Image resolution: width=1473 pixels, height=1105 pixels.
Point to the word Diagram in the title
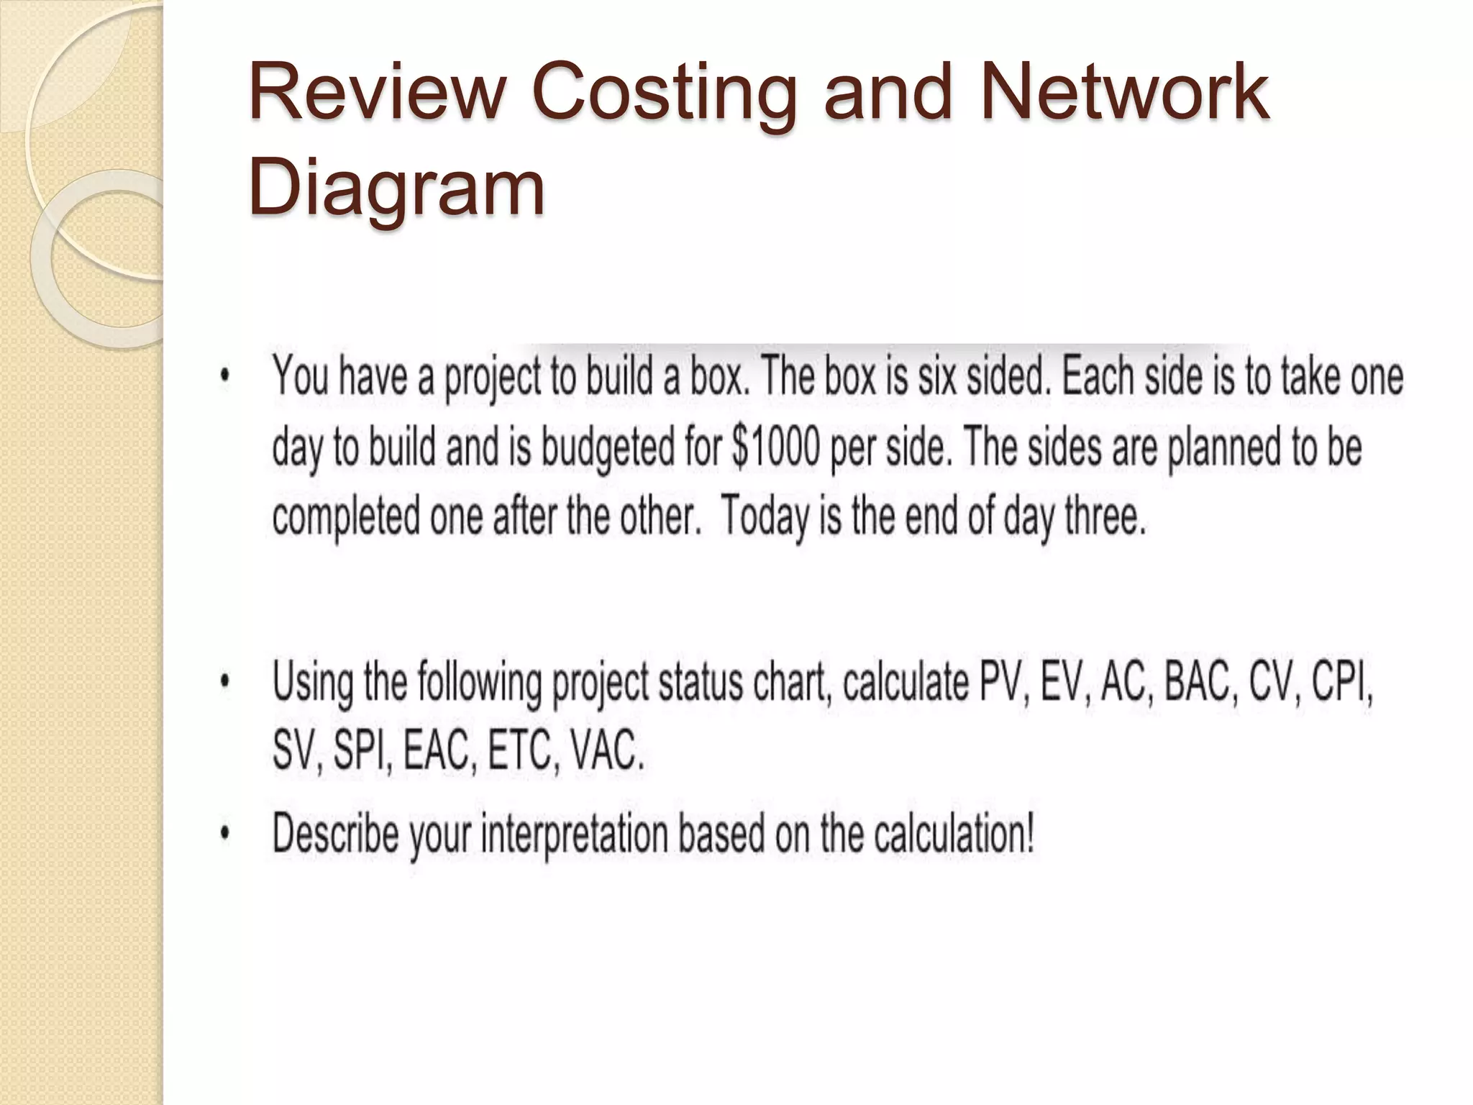[x=396, y=188]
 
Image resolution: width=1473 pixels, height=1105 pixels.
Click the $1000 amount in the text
[x=776, y=447]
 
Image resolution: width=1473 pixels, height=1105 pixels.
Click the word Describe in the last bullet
[x=335, y=833]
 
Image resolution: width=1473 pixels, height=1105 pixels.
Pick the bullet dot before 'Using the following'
[x=225, y=681]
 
